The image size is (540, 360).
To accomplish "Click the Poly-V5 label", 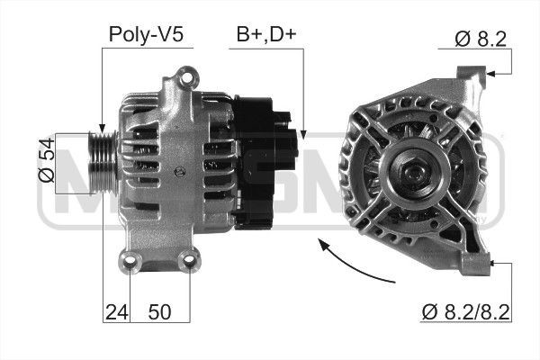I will [x=146, y=34].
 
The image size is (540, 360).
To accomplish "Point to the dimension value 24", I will [x=114, y=312].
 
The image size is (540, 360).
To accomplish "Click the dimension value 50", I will [x=158, y=312].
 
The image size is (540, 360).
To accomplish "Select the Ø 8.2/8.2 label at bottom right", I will [x=465, y=312].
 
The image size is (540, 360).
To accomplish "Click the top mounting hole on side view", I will [x=185, y=73].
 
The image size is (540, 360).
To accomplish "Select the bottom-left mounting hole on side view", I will [x=130, y=262].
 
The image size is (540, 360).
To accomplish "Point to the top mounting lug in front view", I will [x=471, y=76].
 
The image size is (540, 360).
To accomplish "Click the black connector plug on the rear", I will [x=286, y=135].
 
